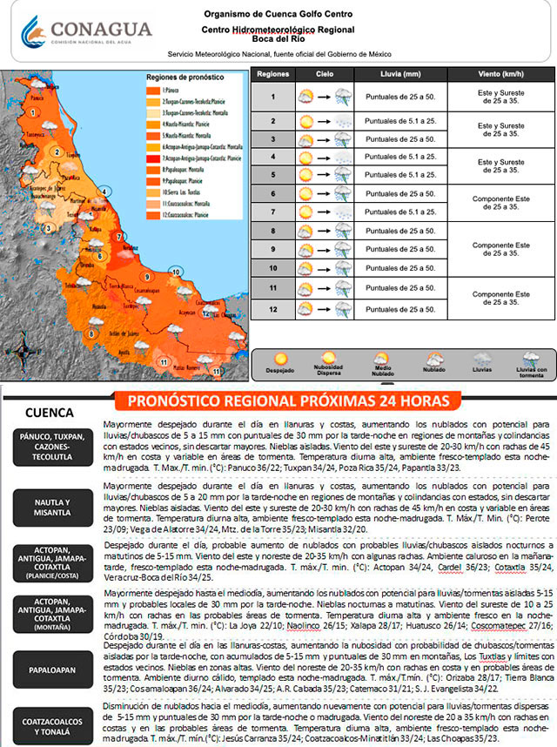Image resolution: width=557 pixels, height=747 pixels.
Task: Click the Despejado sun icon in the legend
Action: click(x=280, y=359)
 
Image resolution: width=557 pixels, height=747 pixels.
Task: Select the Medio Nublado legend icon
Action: click(x=380, y=359)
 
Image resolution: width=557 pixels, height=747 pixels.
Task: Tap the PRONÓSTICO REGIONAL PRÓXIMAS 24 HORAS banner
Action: click(x=288, y=401)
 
